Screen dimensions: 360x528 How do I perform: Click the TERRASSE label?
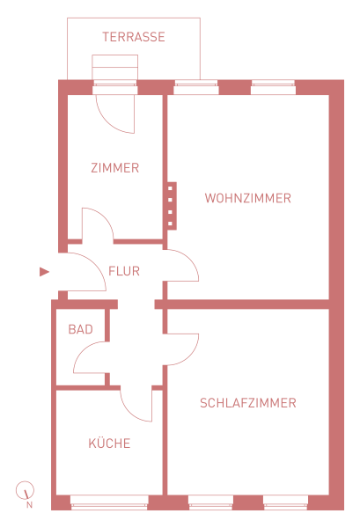pos(134,37)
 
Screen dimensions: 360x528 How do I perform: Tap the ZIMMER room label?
pos(114,168)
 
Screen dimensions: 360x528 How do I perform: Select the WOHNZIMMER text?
pos(248,198)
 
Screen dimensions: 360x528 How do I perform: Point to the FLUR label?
pos(124,271)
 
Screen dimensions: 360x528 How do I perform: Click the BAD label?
pos(80,329)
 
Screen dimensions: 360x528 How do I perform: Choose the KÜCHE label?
pos(109,443)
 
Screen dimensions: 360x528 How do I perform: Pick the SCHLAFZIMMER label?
pos(248,403)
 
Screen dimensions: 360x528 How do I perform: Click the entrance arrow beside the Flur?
pos(44,272)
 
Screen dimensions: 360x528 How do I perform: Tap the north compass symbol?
pos(25,490)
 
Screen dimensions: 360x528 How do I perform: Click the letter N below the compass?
pos(29,505)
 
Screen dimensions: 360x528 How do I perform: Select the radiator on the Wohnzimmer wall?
pos(172,206)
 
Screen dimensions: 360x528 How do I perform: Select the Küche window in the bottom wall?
pos(109,502)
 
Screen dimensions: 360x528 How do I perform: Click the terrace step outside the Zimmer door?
pos(114,67)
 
